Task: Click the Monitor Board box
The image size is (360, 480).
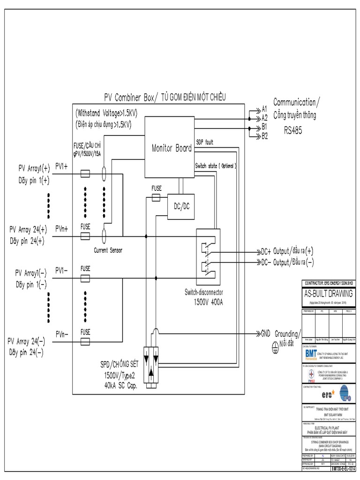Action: pyautogui.click(x=171, y=148)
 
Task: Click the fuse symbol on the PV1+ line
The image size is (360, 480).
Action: pyautogui.click(x=86, y=174)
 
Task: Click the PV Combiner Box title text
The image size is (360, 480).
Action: pyautogui.click(x=165, y=97)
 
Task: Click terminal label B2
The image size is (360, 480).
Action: pyautogui.click(x=265, y=136)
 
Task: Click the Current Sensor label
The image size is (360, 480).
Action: pyautogui.click(x=108, y=250)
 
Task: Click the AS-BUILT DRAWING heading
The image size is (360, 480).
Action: pyautogui.click(x=328, y=293)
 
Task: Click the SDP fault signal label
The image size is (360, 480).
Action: pyautogui.click(x=204, y=142)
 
